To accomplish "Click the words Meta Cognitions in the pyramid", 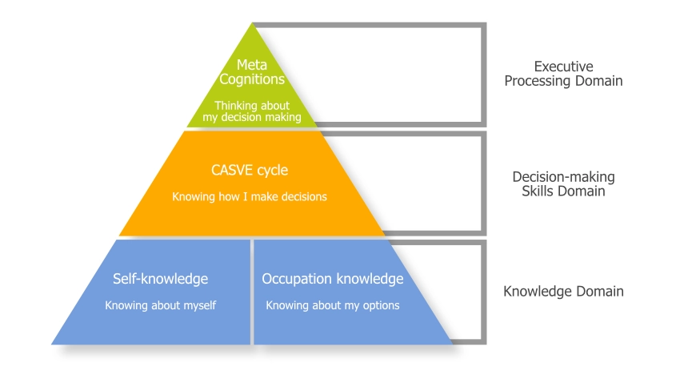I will pos(253,72).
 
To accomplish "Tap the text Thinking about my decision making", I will pos(253,111).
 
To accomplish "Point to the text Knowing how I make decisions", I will pos(250,196).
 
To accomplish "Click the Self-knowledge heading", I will pos(161,279).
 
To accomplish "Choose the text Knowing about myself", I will pos(161,305).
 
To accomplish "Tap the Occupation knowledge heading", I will pos(333,279).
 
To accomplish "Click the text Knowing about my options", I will pos(333,305).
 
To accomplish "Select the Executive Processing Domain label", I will pos(566,73).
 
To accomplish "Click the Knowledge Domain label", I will pos(563,292).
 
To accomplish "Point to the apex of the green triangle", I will pos(253,26).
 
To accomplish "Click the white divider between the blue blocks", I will pos(252,292).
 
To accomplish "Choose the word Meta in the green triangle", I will pos(253,64).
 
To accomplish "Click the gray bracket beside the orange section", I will pos(483,184).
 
